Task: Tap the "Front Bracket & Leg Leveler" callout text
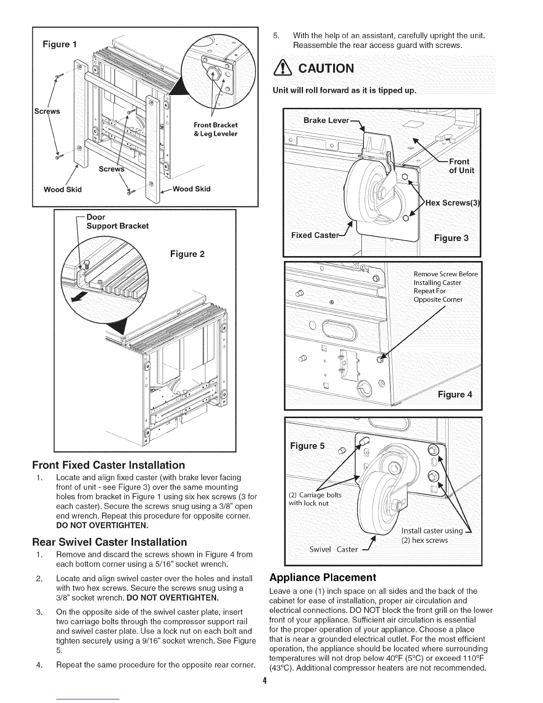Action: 216,129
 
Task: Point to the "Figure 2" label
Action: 187,254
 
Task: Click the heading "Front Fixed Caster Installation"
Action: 108,465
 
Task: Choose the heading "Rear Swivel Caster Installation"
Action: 110,542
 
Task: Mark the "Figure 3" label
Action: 450,237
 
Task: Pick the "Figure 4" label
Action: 455,394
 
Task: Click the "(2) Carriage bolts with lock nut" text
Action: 315,499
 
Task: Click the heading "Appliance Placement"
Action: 323,577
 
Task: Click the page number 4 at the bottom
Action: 264,680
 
